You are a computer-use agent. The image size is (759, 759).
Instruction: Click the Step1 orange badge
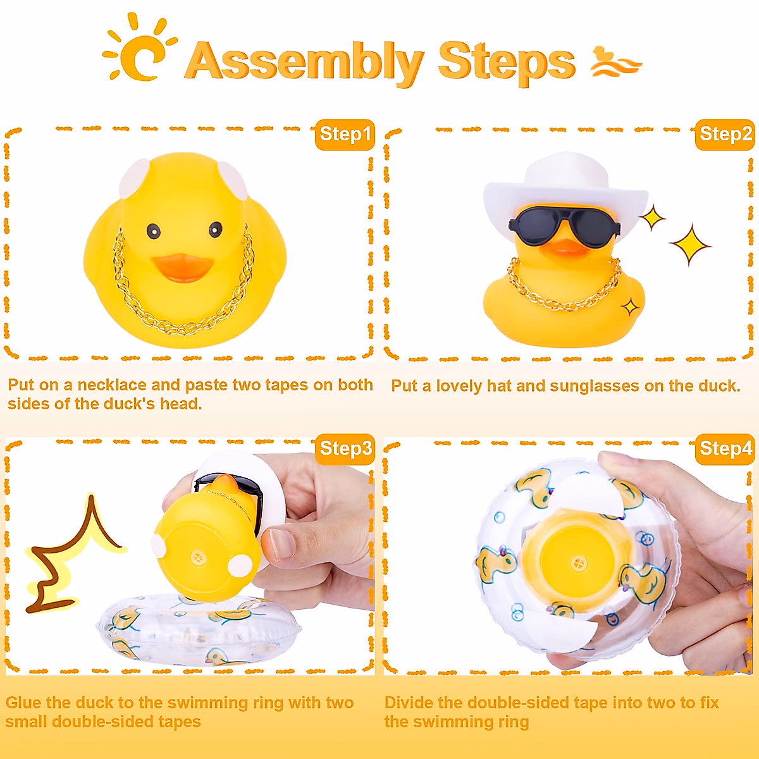345,134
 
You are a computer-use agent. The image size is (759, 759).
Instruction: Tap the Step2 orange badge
725,134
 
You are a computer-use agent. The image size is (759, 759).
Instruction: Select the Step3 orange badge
345,448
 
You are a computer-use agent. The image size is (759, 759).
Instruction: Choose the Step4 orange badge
725,448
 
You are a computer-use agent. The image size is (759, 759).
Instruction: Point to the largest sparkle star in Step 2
690,245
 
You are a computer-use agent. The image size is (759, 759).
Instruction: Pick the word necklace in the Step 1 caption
113,385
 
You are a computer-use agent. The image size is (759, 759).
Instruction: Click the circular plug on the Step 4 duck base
579,563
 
